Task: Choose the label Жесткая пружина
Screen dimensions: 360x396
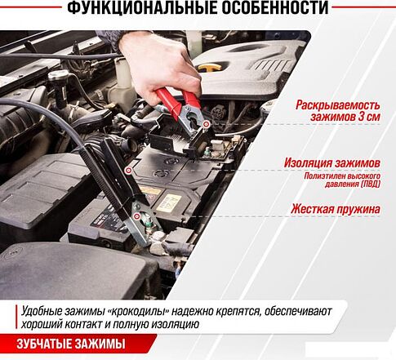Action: (335, 209)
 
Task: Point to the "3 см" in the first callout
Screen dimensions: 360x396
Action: (366, 119)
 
